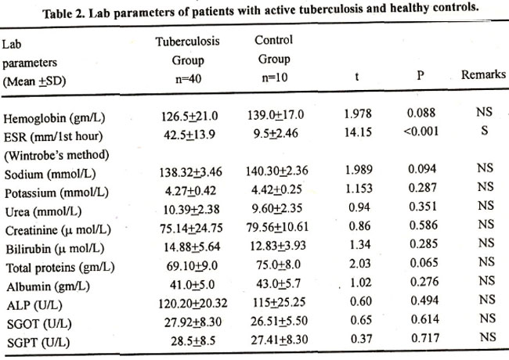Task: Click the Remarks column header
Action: click(484, 76)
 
